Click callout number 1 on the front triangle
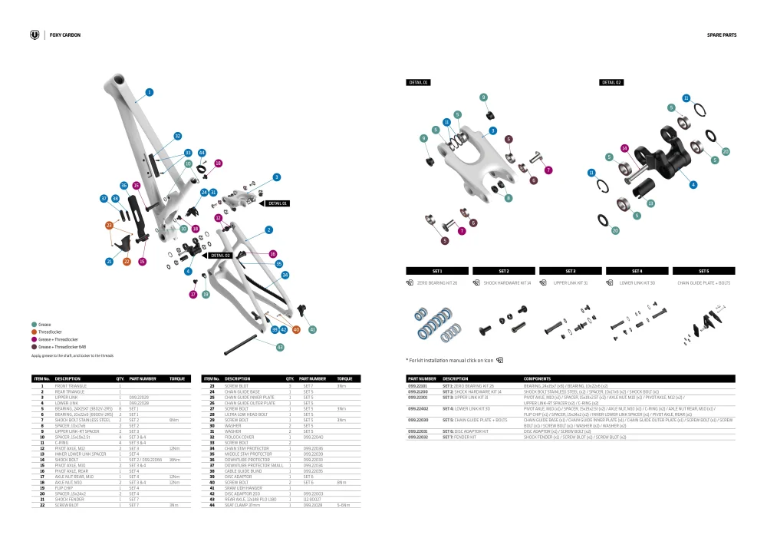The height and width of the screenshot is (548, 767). pos(149,92)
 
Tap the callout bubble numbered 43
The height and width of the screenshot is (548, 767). pos(280,348)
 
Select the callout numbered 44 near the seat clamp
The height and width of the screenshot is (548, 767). pos(202,154)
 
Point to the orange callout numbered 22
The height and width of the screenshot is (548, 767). pos(127,262)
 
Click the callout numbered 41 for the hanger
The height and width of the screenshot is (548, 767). pos(312,329)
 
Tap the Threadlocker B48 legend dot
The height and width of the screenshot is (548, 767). pos(34,347)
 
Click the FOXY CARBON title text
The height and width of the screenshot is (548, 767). pos(64,35)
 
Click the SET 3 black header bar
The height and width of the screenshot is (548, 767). pos(571,271)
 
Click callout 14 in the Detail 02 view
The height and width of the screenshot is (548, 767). pos(624,148)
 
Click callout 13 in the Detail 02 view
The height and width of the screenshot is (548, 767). pos(650,203)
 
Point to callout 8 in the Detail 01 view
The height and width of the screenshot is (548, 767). pos(509,198)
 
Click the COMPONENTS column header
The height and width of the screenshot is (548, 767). pos(537,378)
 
